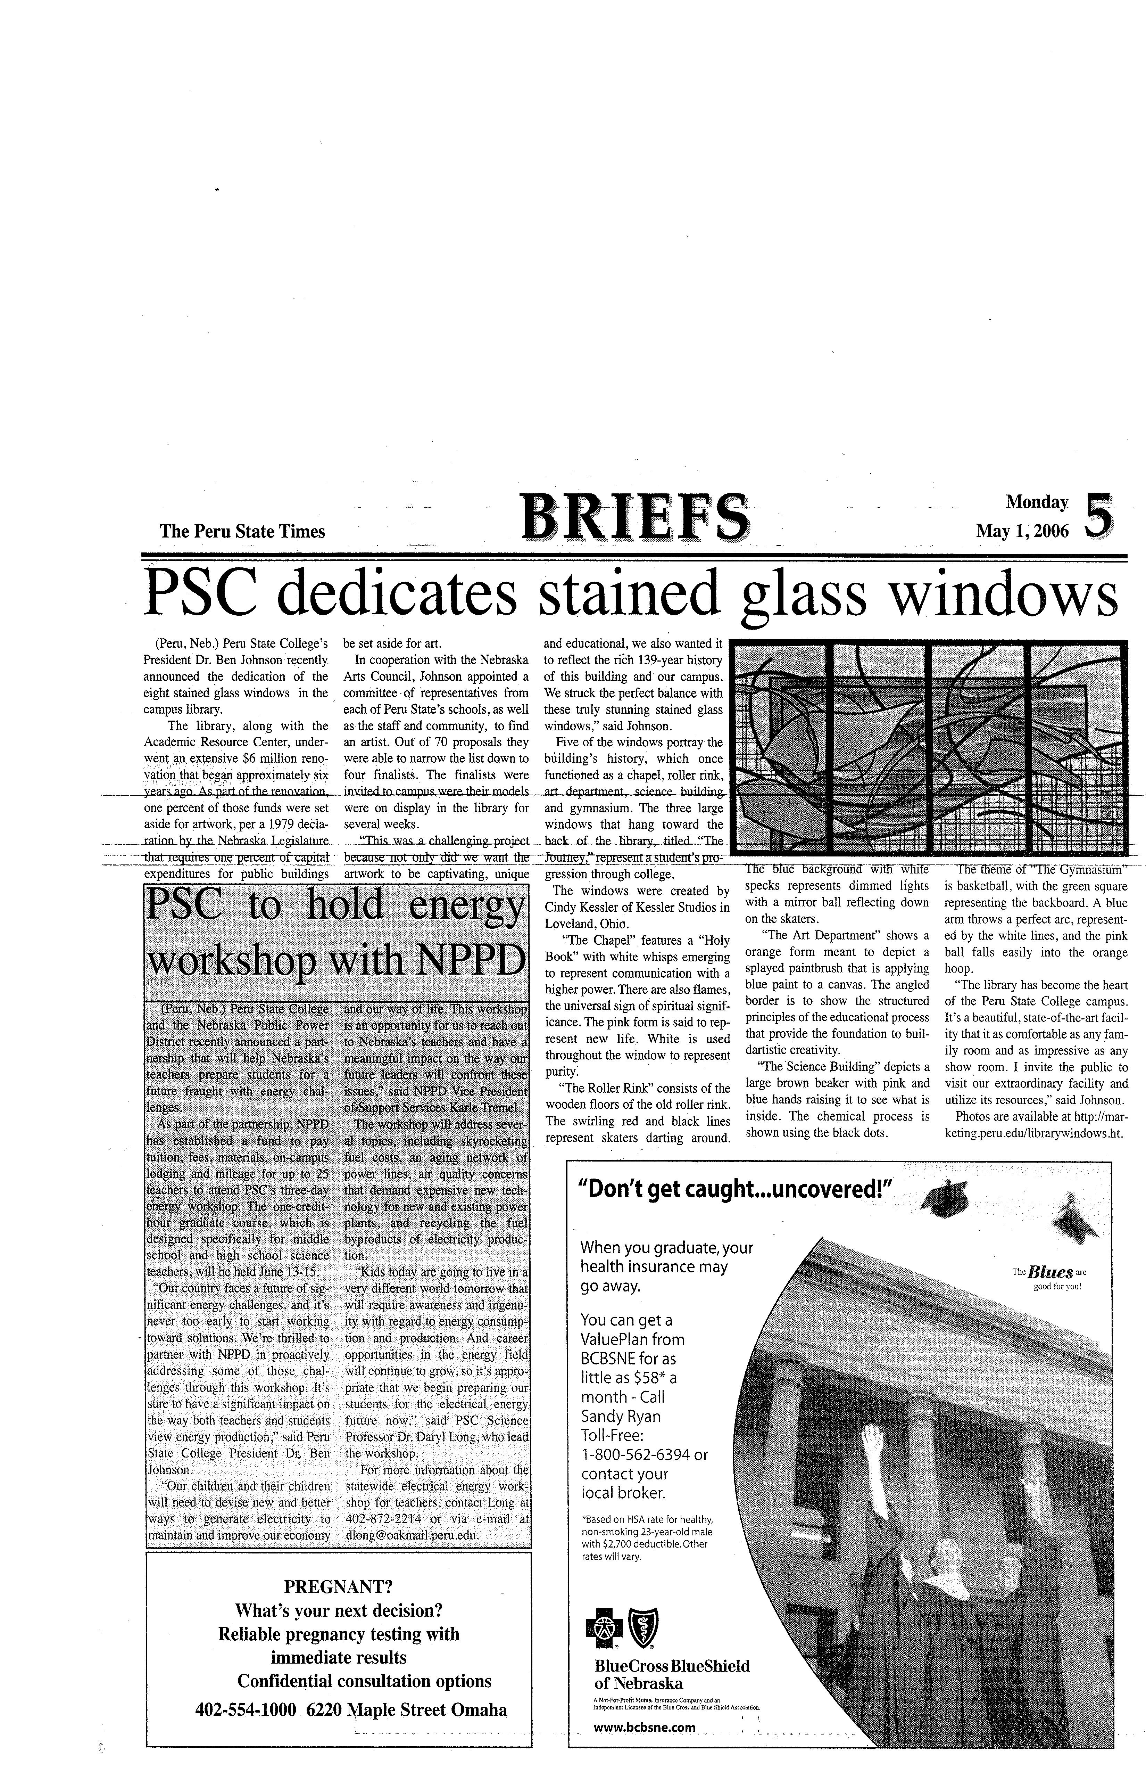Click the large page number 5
point(1101,514)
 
